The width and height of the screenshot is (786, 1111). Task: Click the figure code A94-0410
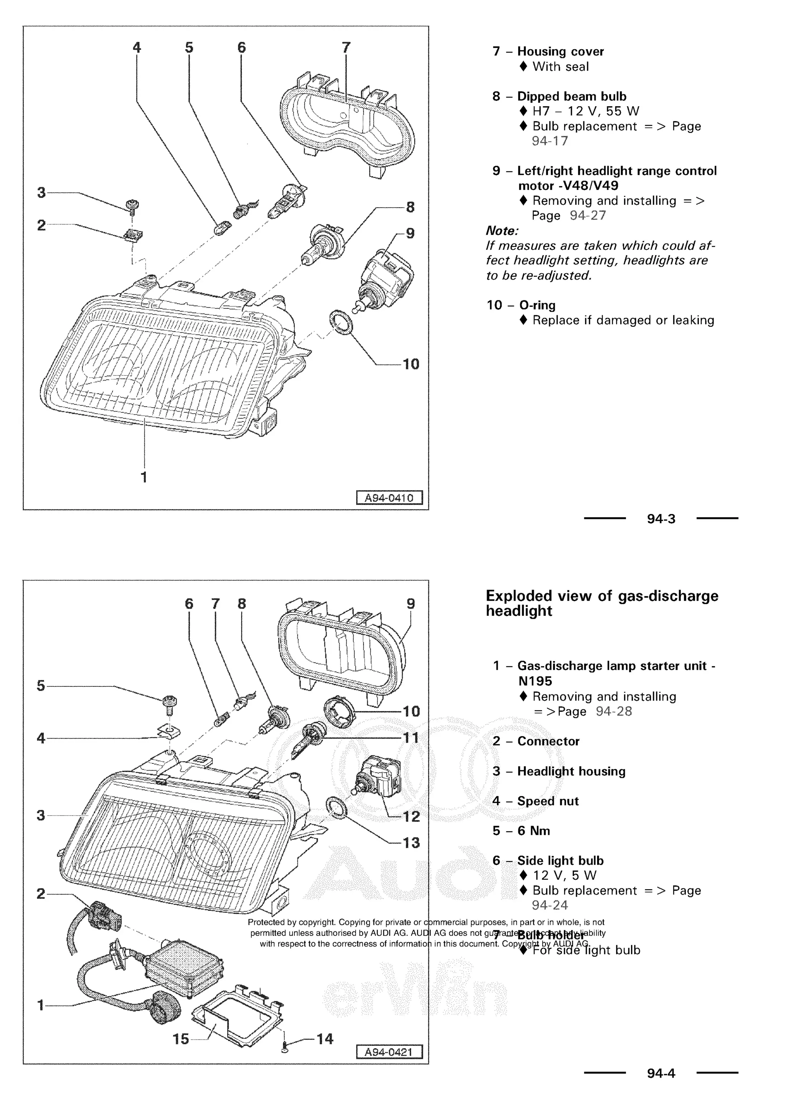coord(389,498)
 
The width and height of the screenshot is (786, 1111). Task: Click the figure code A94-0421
coord(389,1052)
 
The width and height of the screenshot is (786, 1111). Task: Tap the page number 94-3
coord(661,519)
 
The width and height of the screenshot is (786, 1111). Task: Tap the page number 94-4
coord(661,1073)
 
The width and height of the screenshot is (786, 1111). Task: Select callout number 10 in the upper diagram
coord(411,364)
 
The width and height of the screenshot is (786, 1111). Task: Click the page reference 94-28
coord(614,711)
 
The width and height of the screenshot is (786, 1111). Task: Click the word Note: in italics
coord(502,231)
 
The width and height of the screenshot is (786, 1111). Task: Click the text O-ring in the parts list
coord(537,305)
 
